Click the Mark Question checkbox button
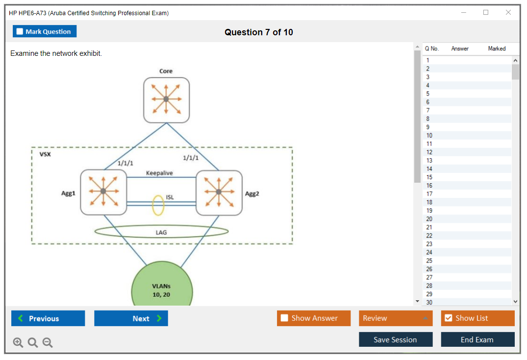pyautogui.click(x=45, y=31)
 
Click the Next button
pyautogui.click(x=131, y=318)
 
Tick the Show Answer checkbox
pyautogui.click(x=284, y=318)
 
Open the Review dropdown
pyautogui.click(x=396, y=318)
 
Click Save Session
pyautogui.click(x=396, y=339)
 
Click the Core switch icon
pyautogui.click(x=166, y=100)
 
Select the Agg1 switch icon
pyautogui.click(x=103, y=192)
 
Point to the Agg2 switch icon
pyautogui.click(x=219, y=192)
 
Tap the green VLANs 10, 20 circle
pyautogui.click(x=162, y=286)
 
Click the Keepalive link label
pyautogui.click(x=159, y=173)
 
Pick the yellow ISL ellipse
pyautogui.click(x=153, y=205)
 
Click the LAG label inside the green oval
pyautogui.click(x=161, y=232)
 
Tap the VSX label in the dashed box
pyautogui.click(x=45, y=154)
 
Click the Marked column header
pyautogui.click(x=497, y=48)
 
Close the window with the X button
pyautogui.click(x=508, y=12)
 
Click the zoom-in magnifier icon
pyautogui.click(x=18, y=342)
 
